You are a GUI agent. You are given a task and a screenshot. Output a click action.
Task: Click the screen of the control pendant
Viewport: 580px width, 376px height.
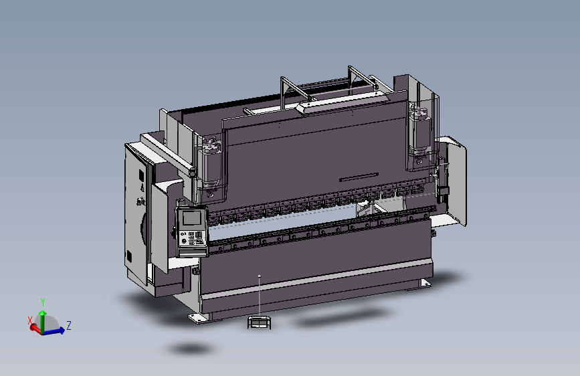click(191, 218)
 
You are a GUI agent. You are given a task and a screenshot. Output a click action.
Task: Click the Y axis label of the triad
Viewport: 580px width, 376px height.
click(43, 302)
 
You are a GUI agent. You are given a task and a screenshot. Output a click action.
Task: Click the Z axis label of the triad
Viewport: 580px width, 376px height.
click(69, 326)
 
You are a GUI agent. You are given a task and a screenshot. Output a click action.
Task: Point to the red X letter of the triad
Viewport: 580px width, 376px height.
click(30, 320)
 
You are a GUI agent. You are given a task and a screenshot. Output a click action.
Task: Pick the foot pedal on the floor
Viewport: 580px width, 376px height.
click(258, 322)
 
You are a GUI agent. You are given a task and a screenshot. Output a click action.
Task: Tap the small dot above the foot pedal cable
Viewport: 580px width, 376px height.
click(260, 275)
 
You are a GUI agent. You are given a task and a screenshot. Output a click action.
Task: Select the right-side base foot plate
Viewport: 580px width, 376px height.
click(424, 284)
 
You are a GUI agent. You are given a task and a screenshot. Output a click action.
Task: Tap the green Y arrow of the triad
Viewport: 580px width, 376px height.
click(43, 316)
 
